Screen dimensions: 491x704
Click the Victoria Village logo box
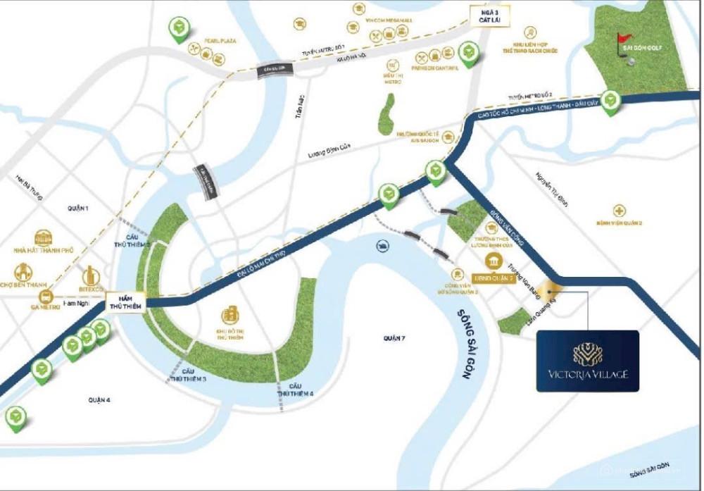tap(587, 361)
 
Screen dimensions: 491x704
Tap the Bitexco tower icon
tap(92, 275)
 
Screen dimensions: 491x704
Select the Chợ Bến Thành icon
tap(25, 271)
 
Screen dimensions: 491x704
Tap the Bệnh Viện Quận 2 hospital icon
tap(618, 211)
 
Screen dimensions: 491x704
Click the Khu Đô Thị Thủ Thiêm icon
tap(230, 315)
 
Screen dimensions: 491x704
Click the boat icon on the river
tap(383, 246)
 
